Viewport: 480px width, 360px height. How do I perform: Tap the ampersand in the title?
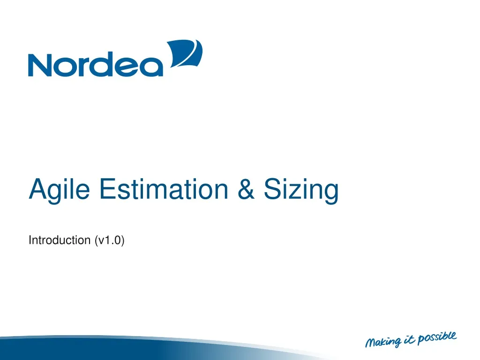[247, 189]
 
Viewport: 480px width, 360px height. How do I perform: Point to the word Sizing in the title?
[300, 190]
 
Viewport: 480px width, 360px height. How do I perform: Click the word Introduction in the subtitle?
[60, 240]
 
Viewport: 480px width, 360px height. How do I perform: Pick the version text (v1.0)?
[109, 240]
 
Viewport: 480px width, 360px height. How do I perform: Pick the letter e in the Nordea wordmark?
[127, 67]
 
